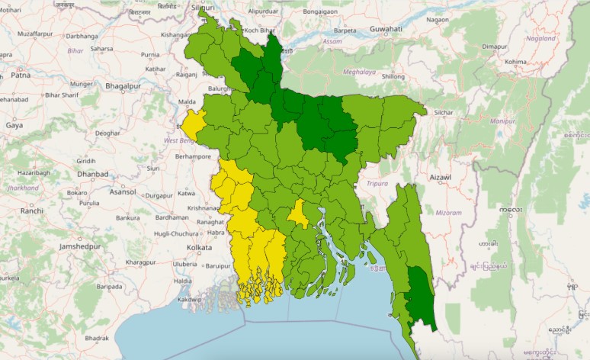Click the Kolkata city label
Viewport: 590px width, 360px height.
(x=199, y=248)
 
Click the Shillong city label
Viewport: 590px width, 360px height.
(x=393, y=76)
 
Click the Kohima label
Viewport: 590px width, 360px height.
(x=515, y=62)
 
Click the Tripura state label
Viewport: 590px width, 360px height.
(x=377, y=184)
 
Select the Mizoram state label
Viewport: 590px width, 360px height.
(x=448, y=213)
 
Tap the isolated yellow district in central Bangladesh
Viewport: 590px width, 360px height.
(x=298, y=214)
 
